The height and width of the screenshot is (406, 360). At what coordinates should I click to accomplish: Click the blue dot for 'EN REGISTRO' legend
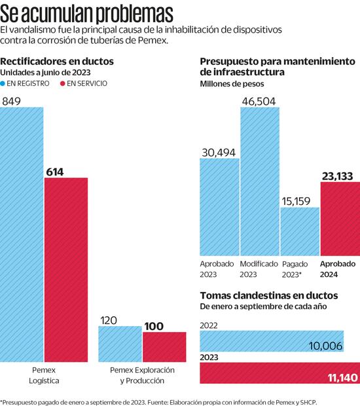pos(4,84)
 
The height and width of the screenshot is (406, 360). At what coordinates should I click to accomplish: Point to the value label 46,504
pos(260,100)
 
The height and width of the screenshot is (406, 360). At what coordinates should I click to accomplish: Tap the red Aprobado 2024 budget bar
pos(340,217)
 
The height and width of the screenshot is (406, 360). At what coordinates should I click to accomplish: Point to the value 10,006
pos(326,346)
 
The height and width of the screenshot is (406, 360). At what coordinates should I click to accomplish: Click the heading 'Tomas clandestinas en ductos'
pos(268,295)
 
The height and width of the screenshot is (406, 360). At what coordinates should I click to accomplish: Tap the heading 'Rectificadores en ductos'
pos(57,61)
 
